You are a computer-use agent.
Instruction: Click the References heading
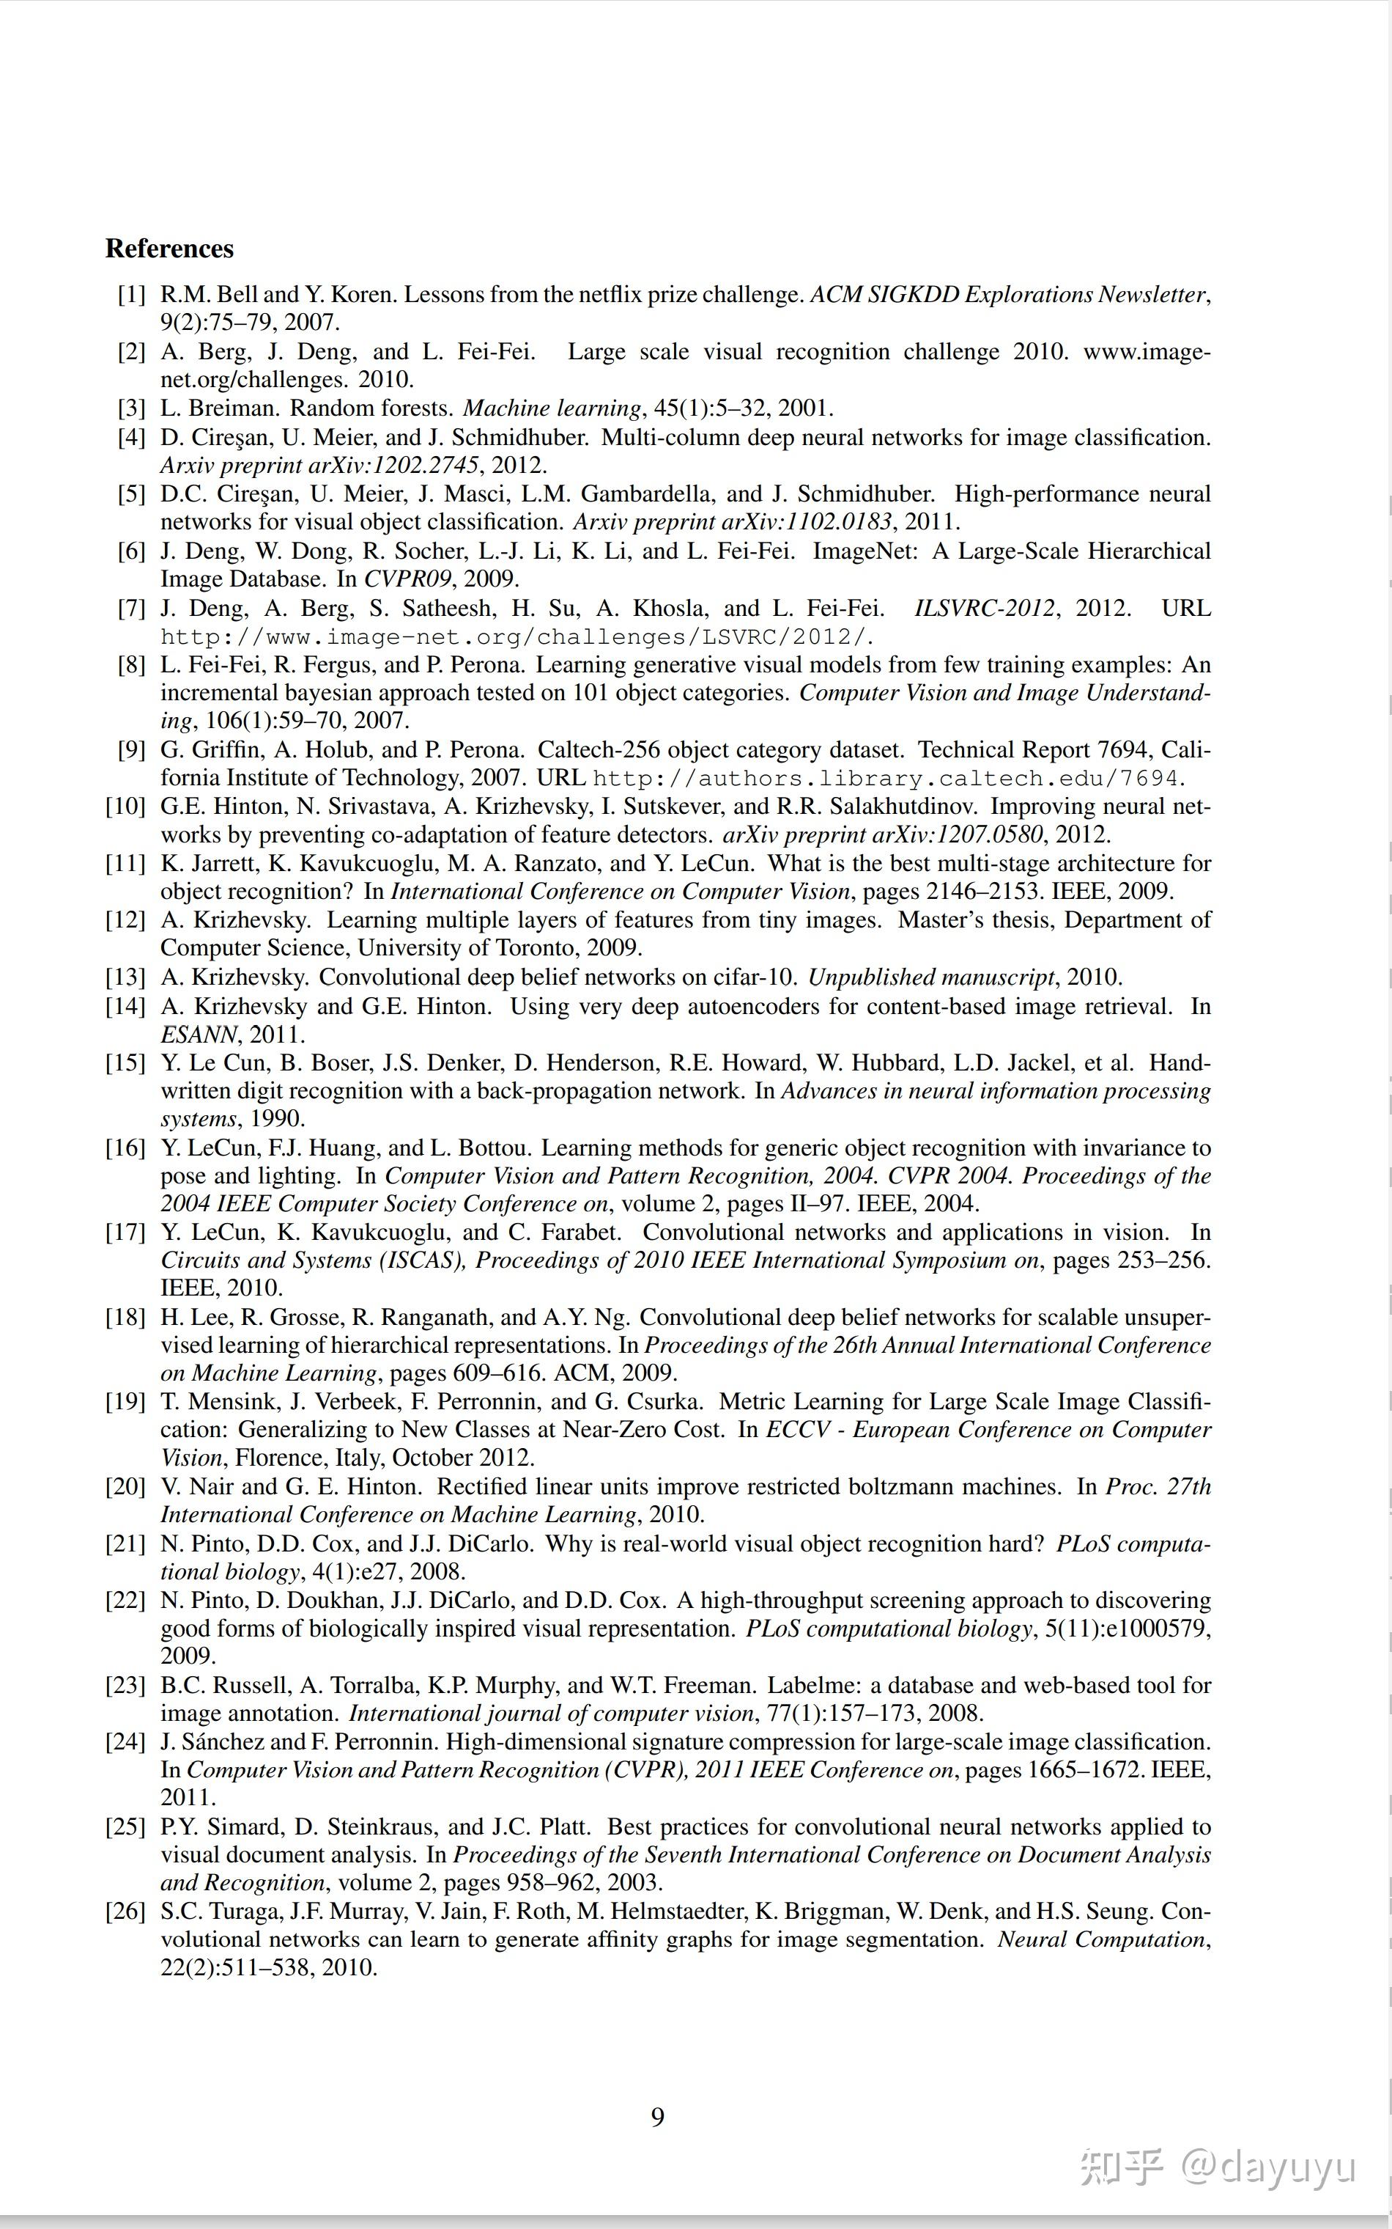coord(169,249)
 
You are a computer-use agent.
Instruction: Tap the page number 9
coord(657,2117)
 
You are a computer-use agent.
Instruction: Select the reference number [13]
coord(126,977)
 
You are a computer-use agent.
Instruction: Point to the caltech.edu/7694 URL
coord(886,778)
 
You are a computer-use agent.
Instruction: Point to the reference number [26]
coord(126,1912)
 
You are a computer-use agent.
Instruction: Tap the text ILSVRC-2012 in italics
coord(984,609)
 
